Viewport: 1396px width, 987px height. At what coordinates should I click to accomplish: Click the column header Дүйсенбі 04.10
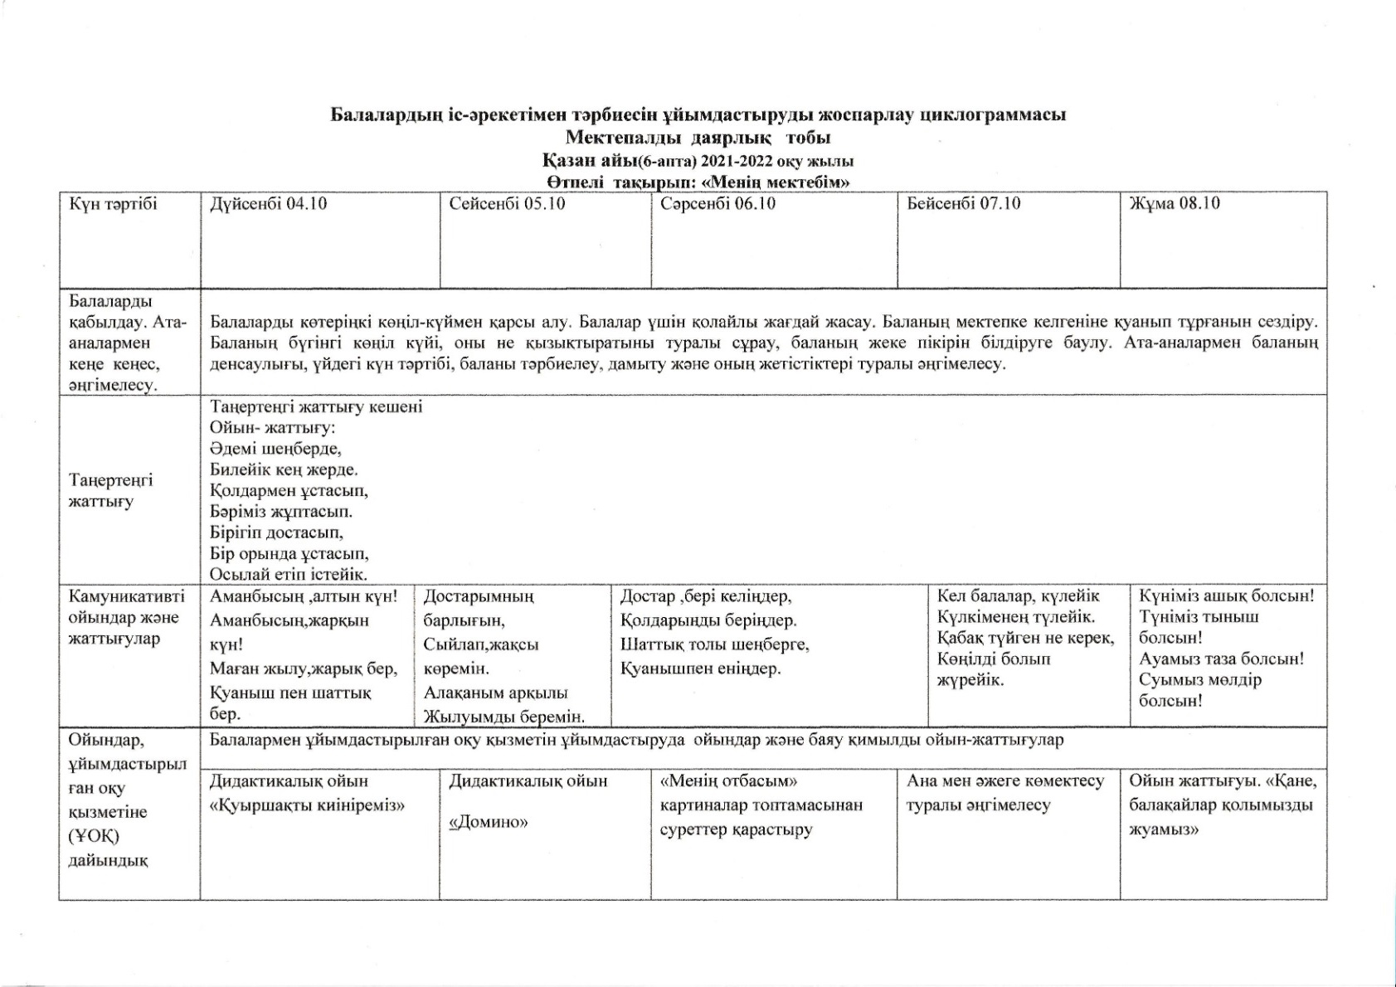(268, 204)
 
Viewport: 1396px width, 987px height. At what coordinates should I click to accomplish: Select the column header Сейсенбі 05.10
(507, 204)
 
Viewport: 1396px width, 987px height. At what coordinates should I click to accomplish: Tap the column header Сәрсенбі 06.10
(717, 204)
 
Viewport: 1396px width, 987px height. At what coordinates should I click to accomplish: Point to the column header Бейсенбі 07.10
(963, 204)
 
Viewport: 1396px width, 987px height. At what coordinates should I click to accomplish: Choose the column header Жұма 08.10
(1175, 204)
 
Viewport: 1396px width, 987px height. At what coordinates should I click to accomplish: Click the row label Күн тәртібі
(113, 204)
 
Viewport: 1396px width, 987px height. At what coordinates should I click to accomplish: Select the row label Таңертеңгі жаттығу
(110, 491)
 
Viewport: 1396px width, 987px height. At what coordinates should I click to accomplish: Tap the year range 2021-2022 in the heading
(737, 161)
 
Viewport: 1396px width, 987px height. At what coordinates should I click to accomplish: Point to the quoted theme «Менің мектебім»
(776, 182)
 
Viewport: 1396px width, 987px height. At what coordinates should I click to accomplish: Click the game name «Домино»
(489, 823)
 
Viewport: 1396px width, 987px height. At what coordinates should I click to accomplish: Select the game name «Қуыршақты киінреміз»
(307, 805)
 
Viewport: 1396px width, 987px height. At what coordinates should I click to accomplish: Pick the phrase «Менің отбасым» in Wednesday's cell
(728, 781)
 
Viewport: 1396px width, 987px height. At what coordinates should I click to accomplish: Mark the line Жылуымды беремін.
(504, 717)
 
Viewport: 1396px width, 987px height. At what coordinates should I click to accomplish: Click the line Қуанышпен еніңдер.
(700, 669)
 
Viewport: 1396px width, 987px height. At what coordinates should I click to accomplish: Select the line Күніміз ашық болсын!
(1226, 596)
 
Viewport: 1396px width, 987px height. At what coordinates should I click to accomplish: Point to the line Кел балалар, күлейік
(1018, 596)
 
